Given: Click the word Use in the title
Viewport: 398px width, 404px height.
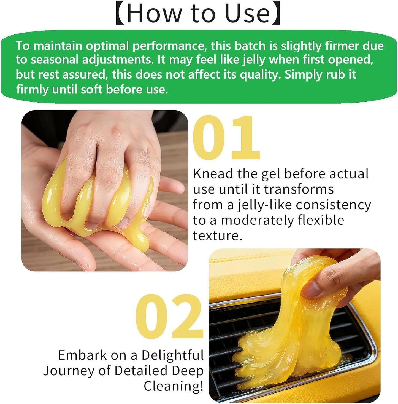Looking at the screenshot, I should coord(247,14).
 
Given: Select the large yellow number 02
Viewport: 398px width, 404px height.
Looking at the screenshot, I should coord(169,317).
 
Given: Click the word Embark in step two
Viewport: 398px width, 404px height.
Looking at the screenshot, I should coord(82,355).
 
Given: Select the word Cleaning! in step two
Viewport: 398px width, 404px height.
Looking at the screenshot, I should coord(174,386).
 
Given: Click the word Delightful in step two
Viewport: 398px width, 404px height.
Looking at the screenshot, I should coord(173,355).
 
